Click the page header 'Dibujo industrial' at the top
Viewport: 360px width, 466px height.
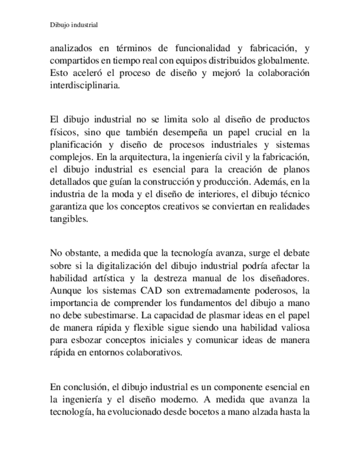click(74, 25)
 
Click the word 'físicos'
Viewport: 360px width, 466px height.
click(64, 131)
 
